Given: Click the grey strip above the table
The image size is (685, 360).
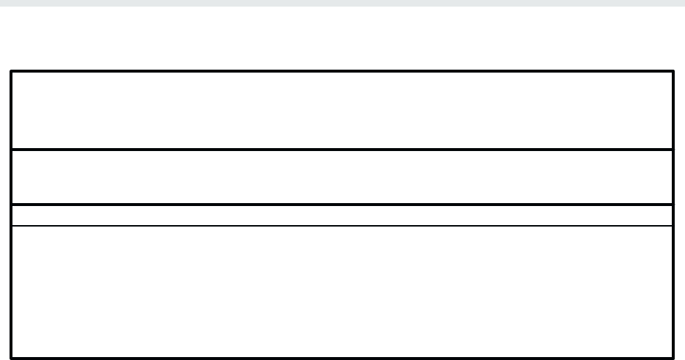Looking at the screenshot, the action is [x=342, y=3].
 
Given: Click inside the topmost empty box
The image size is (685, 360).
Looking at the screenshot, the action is [x=342, y=110].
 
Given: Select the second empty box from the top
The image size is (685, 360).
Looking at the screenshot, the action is [x=342, y=177].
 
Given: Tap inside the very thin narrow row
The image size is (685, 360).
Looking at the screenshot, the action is [x=342, y=215].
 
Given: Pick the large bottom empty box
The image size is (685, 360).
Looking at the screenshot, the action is [x=342, y=292].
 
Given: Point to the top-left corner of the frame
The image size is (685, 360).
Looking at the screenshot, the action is [x=11, y=71].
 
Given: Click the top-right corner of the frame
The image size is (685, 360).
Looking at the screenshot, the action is [x=673, y=71].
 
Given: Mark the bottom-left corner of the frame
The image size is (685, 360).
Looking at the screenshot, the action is [x=11, y=358].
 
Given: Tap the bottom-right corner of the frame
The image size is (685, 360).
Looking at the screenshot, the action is [x=673, y=358].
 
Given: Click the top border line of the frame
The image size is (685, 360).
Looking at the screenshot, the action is [x=342, y=71].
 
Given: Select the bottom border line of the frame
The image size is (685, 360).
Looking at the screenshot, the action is [x=342, y=358].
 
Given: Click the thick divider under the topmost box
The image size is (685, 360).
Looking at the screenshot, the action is [x=342, y=150].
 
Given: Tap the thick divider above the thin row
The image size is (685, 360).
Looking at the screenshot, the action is [x=342, y=205].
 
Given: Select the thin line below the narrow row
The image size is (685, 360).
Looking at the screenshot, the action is [x=342, y=226].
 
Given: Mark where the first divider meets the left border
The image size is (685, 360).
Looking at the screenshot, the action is [x=11, y=150].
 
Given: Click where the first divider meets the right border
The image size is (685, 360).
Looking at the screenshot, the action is [x=673, y=150].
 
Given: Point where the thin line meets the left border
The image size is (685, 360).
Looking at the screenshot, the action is [x=11, y=226].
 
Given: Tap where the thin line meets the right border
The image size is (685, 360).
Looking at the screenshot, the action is [x=673, y=226].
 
